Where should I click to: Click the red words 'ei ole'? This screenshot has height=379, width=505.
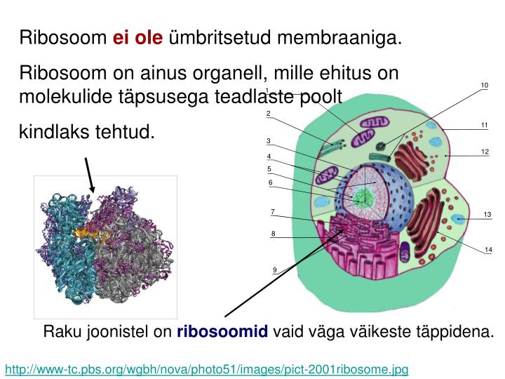click(x=137, y=36)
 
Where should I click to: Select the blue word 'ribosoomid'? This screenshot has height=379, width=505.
click(x=223, y=332)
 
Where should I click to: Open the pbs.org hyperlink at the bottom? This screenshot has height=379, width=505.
click(x=207, y=368)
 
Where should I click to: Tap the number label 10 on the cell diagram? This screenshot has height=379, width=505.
click(x=484, y=86)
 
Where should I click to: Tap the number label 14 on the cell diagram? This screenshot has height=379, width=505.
click(x=488, y=250)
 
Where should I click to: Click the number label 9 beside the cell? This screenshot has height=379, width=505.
click(x=275, y=270)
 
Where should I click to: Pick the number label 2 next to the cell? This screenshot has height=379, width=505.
click(x=269, y=114)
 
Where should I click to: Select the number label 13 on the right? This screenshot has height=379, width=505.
click(x=487, y=214)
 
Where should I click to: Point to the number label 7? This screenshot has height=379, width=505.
click(x=273, y=211)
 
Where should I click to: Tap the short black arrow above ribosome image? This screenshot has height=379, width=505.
click(x=88, y=174)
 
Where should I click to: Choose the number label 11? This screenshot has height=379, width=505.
click(x=484, y=125)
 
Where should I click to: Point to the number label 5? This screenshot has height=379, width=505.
click(x=269, y=169)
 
